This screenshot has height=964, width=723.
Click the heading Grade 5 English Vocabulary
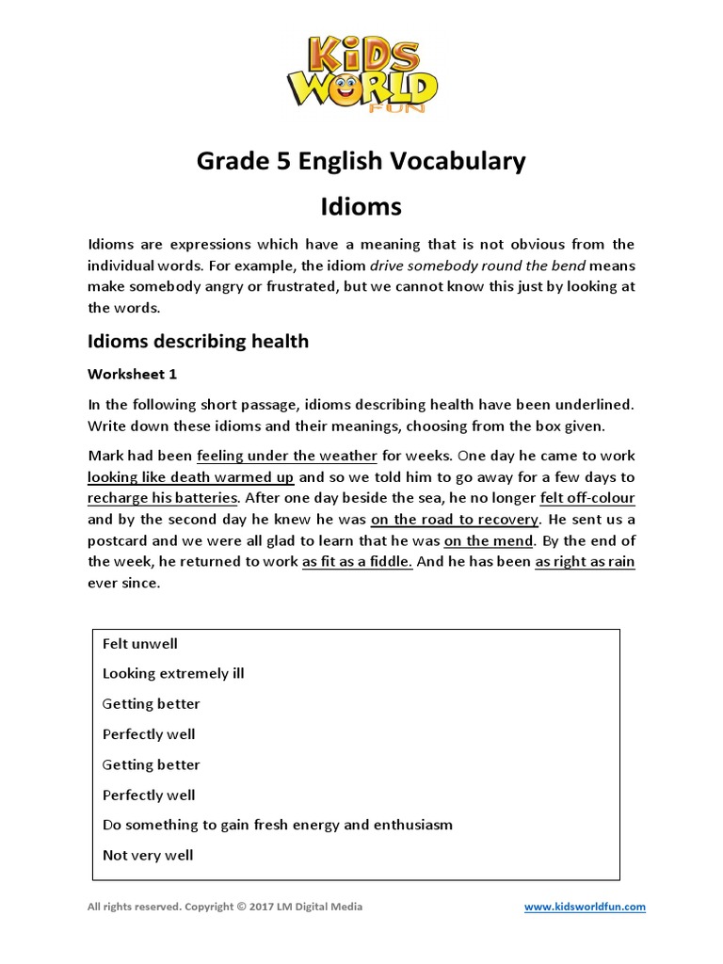(361, 161)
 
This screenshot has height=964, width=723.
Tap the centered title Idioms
(361, 205)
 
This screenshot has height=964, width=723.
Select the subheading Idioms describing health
(198, 341)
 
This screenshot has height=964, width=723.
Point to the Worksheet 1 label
(132, 374)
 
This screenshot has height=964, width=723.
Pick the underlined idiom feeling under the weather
(287, 456)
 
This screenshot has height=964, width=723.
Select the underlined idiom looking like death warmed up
(191, 477)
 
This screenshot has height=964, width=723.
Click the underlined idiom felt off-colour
(587, 498)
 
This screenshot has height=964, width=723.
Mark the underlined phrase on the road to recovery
(455, 520)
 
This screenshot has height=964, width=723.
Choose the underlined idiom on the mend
(489, 540)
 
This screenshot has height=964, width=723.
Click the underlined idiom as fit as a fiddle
(357, 562)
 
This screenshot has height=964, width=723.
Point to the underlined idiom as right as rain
(585, 562)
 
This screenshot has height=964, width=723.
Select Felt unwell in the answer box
(140, 644)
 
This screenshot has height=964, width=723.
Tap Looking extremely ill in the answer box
(173, 674)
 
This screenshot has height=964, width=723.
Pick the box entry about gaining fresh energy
(278, 825)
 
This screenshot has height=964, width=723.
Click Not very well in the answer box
(148, 855)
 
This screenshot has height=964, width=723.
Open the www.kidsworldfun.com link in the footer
(585, 907)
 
